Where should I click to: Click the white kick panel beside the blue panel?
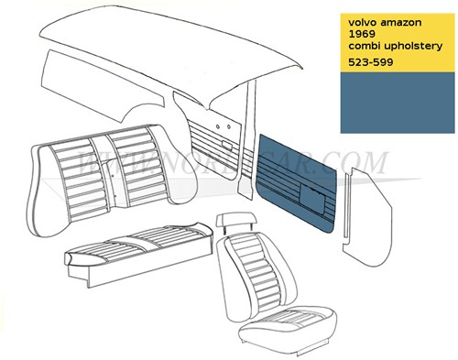[360, 206]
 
